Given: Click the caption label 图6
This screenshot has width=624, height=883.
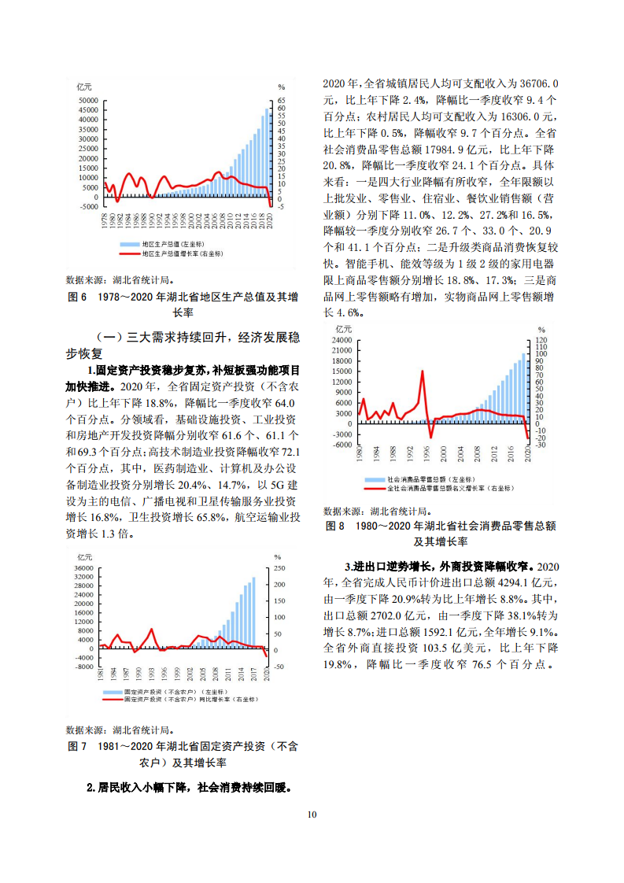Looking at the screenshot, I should [77, 297].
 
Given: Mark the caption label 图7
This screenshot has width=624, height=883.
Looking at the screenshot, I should [77, 745].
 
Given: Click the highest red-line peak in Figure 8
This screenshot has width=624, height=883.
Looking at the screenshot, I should [423, 371].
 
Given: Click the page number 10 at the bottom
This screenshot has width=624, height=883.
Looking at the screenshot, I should [312, 814].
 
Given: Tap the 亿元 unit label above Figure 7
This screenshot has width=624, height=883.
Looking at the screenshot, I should [84, 557].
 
